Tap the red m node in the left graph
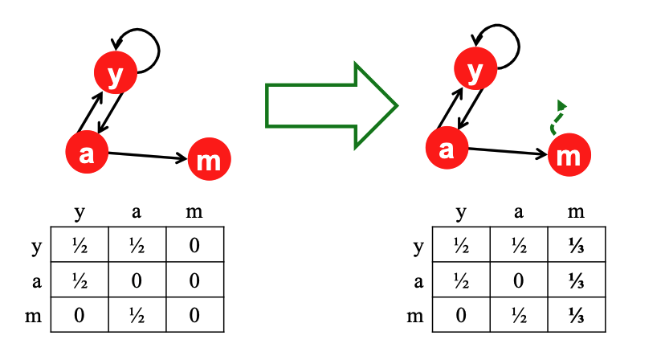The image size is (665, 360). (209, 161)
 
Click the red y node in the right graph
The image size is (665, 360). (476, 72)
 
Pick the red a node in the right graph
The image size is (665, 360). (446, 148)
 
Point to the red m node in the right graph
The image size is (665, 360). (569, 155)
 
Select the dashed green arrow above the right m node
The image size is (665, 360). (555, 118)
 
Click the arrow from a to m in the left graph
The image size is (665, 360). (148, 156)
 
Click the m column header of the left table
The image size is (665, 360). (194, 213)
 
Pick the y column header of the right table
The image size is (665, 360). (461, 213)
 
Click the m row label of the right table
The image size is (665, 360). (415, 316)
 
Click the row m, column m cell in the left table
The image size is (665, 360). (194, 316)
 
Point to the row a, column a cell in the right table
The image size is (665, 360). (518, 280)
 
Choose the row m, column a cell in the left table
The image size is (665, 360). (137, 316)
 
